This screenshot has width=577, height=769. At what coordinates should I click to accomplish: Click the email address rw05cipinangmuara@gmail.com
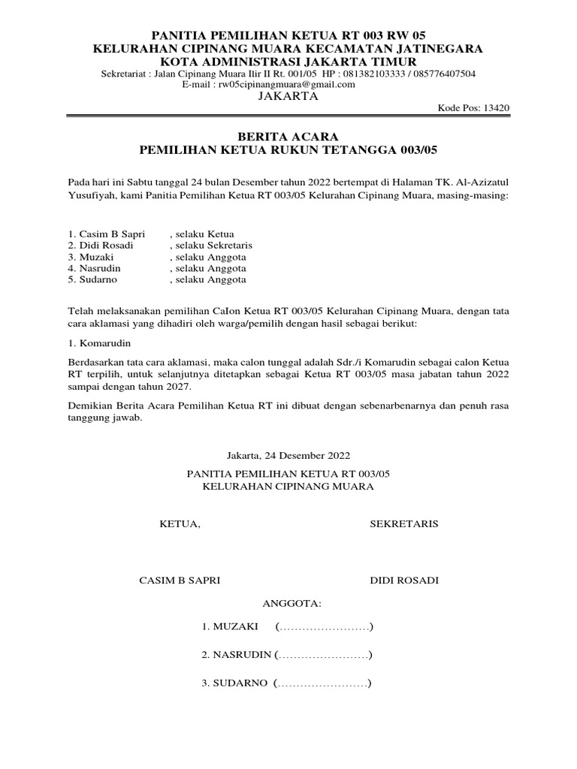point(286,85)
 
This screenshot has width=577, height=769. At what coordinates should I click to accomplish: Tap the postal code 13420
point(497,108)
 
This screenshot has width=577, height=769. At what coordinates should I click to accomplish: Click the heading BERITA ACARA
point(288,137)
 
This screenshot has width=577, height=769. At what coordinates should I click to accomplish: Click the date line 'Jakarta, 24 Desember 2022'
point(288,455)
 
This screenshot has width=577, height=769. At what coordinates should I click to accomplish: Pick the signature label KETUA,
point(180,523)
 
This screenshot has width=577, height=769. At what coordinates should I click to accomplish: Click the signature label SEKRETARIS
point(404,523)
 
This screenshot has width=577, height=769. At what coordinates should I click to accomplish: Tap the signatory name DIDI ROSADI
point(404,581)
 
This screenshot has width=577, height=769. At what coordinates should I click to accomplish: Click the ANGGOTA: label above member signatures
point(292,603)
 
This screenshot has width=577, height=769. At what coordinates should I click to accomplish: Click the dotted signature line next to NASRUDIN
point(324,655)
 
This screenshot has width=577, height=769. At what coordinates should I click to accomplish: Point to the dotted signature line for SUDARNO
point(324,683)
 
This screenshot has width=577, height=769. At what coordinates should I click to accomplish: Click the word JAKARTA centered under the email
point(288,97)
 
